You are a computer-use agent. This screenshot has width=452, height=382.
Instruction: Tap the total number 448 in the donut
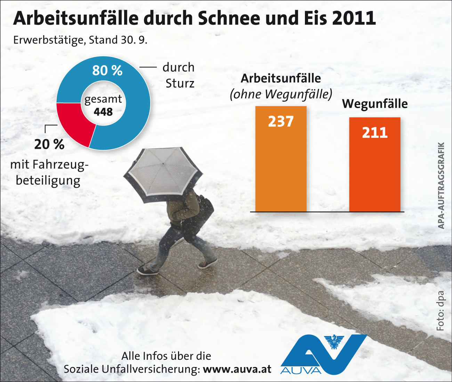point(103,112)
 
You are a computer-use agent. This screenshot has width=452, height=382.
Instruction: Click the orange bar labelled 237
point(281,163)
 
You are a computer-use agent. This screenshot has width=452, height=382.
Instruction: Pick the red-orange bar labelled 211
point(375,170)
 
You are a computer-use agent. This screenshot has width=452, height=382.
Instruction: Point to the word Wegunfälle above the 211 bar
point(375,104)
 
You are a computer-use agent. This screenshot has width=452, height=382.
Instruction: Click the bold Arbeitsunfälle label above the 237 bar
point(281,78)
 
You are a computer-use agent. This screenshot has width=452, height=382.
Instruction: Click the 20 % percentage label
point(49,144)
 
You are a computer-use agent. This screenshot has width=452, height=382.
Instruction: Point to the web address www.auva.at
point(237,369)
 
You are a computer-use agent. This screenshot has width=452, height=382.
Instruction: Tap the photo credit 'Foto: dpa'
point(441,310)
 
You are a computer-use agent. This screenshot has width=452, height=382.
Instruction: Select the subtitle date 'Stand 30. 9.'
point(118,40)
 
